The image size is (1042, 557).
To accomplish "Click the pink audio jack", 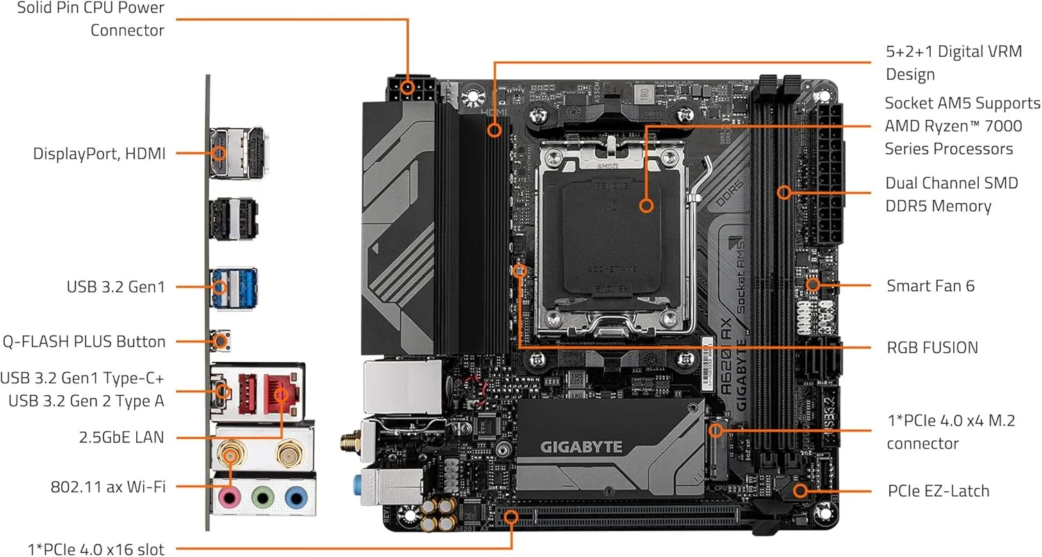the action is point(230,499).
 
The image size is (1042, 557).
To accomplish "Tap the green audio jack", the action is point(263,499).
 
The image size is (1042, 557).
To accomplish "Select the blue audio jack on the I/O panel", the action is point(296,499).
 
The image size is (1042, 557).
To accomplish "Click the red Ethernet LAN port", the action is point(281,394).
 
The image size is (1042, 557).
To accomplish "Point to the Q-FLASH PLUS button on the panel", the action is point(220,341).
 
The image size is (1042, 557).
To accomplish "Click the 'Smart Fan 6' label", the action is point(930,286).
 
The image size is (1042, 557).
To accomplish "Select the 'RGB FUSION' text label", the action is point(932,348).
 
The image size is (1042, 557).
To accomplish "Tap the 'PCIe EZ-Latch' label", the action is point(938,491).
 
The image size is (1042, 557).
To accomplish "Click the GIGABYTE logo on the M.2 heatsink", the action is point(581,447).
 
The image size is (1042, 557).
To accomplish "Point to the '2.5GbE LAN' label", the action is point(122,438).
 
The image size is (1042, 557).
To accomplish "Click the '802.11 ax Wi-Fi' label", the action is point(108,487).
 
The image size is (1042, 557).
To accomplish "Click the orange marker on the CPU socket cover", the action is point(646,206).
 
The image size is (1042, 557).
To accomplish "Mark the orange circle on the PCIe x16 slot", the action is point(511,517).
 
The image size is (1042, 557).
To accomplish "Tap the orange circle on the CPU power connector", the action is point(408,88).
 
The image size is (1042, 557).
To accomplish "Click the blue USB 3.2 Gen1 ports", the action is point(234,288).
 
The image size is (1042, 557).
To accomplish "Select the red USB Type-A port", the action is point(247,394).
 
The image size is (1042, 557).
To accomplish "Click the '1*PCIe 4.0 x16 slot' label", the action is point(96,549).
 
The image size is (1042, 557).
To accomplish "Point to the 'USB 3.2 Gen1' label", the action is point(116,287).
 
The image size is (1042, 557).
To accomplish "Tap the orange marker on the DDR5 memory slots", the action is point(784,192).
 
